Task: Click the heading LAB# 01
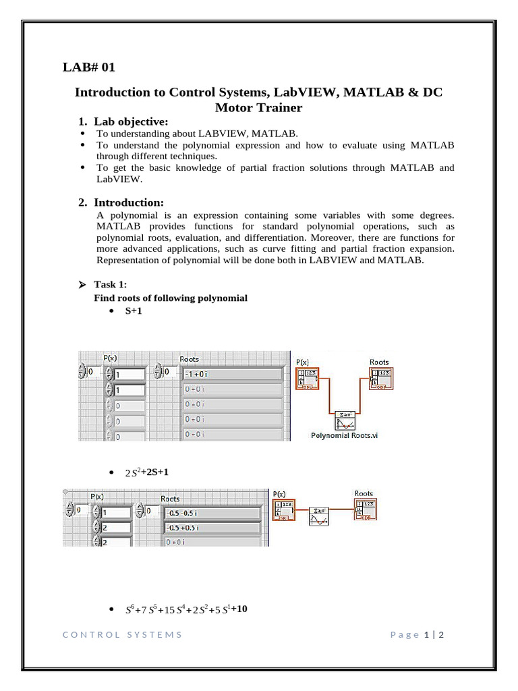click(89, 67)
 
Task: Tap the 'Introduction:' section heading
click(128, 202)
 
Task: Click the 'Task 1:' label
click(110, 285)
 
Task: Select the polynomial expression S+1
click(133, 312)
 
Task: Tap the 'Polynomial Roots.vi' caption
click(344, 435)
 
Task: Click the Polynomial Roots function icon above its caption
click(345, 420)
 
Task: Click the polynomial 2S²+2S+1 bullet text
click(146, 472)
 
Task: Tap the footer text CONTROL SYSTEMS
click(122, 634)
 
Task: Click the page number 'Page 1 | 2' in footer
click(415, 634)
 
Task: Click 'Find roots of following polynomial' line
click(170, 298)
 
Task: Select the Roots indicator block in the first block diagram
click(380, 379)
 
